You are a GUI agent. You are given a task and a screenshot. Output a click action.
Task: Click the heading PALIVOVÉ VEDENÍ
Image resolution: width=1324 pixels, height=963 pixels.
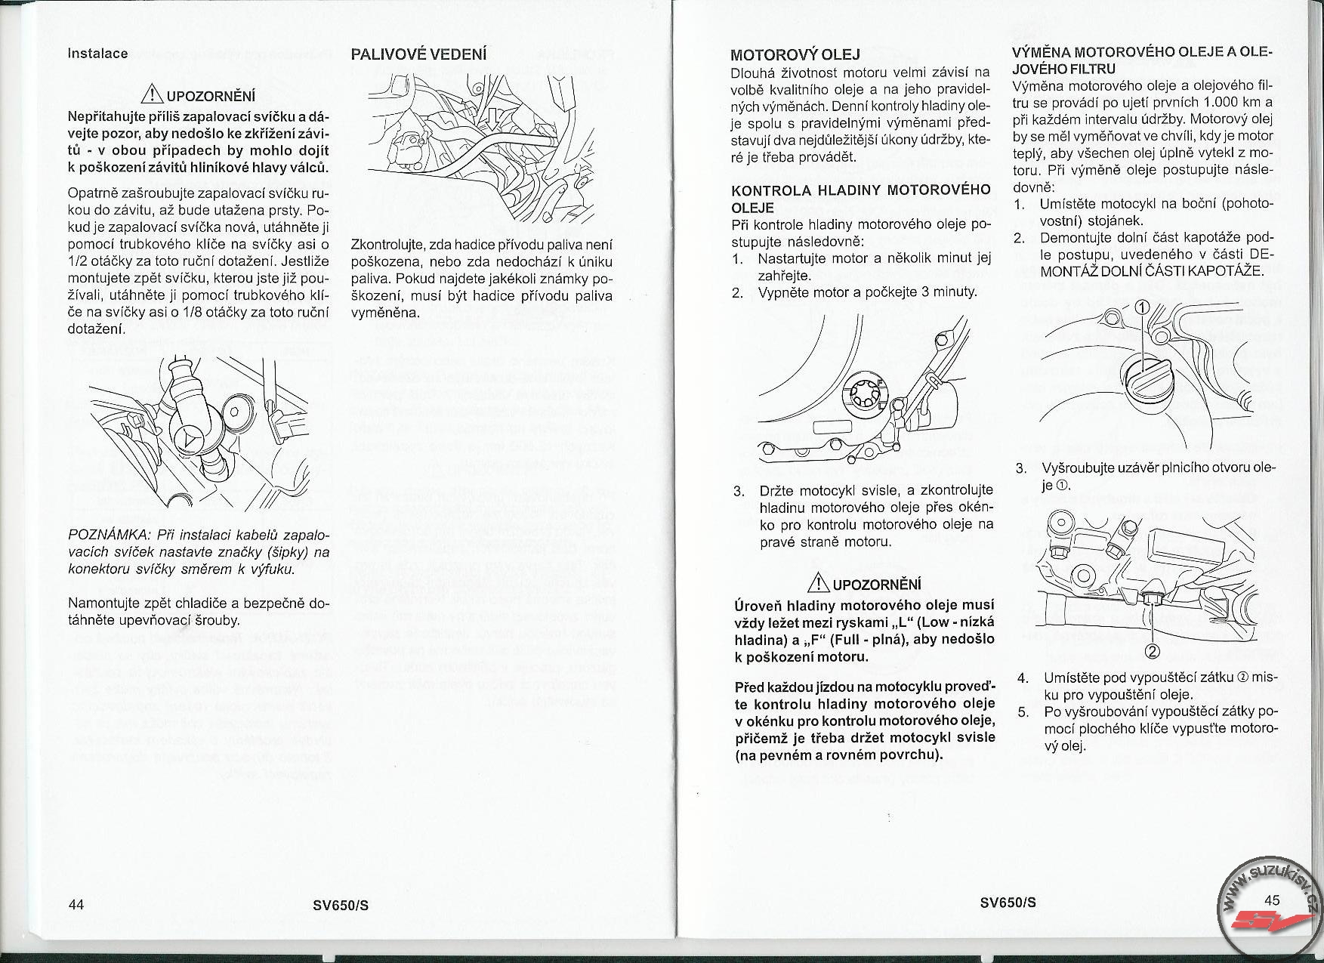click(419, 54)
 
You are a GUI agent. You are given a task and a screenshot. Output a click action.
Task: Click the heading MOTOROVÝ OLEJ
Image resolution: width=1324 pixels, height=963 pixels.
click(795, 54)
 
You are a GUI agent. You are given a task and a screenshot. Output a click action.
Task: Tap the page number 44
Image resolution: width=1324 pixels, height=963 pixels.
click(76, 905)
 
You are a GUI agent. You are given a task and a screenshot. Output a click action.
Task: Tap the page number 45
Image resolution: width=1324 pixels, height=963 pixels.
click(1272, 900)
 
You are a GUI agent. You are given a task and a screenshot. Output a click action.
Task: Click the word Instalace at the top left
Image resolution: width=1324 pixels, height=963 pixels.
click(97, 54)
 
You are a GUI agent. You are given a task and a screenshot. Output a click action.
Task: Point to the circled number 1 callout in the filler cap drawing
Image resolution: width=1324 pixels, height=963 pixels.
click(1142, 307)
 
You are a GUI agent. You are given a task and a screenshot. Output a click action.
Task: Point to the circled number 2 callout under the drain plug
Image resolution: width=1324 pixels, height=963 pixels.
click(1153, 651)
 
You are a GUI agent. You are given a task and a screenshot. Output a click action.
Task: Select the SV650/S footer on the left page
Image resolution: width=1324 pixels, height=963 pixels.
click(341, 905)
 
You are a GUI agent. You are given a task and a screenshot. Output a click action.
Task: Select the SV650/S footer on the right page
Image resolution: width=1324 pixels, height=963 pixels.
click(1008, 903)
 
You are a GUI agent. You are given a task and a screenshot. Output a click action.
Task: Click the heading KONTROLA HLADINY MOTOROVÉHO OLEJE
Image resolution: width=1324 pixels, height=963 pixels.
click(860, 198)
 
